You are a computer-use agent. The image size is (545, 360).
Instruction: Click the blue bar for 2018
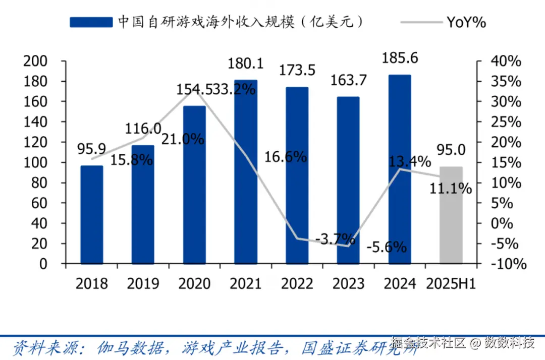click(x=92, y=214)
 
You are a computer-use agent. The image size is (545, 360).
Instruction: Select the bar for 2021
click(x=246, y=171)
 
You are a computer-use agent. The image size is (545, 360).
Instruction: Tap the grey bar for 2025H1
click(x=451, y=215)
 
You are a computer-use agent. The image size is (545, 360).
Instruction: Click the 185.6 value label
click(x=400, y=58)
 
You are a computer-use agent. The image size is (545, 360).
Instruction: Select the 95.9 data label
click(x=91, y=149)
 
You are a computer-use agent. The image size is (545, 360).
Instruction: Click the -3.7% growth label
click(x=335, y=238)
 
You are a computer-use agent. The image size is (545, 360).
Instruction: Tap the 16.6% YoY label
click(x=286, y=157)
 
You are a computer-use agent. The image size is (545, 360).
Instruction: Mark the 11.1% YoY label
click(x=451, y=189)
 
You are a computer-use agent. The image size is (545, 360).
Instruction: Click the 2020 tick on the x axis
click(x=194, y=283)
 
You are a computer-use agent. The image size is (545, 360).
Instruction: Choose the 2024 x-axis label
click(x=400, y=283)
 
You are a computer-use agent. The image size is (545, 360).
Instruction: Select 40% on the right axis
click(x=506, y=61)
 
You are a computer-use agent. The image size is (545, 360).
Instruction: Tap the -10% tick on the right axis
click(x=507, y=264)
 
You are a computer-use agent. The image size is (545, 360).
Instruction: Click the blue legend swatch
click(x=91, y=22)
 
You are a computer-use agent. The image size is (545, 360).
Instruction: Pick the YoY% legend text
click(x=466, y=22)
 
